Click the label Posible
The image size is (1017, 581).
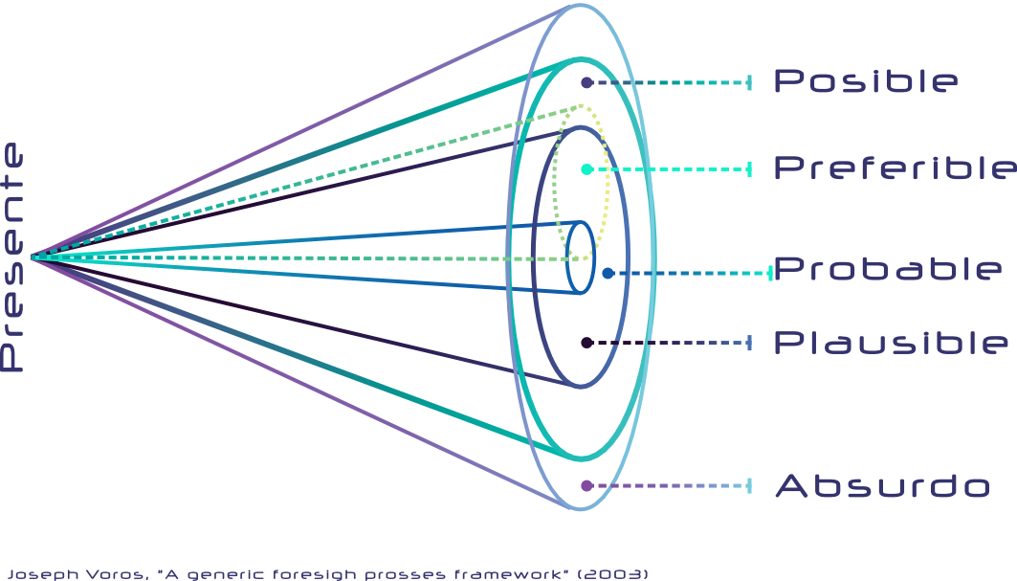(x=865, y=81)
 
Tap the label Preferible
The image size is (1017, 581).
(x=895, y=168)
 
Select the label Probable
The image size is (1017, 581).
(x=888, y=269)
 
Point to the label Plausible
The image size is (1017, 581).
(x=890, y=343)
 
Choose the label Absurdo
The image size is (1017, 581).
(x=881, y=485)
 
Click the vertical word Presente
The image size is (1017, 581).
(x=12, y=257)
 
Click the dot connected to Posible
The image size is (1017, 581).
(x=586, y=83)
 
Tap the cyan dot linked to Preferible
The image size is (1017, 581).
(x=586, y=169)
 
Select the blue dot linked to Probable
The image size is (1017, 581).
(x=608, y=273)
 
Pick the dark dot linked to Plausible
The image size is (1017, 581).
(x=586, y=343)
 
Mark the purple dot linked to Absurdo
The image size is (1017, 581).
(x=586, y=485)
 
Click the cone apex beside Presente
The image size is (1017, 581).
(x=32, y=257)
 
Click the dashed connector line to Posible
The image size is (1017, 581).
(x=670, y=83)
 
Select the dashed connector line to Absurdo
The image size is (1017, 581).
(x=670, y=485)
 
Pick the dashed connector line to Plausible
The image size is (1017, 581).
(x=670, y=343)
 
